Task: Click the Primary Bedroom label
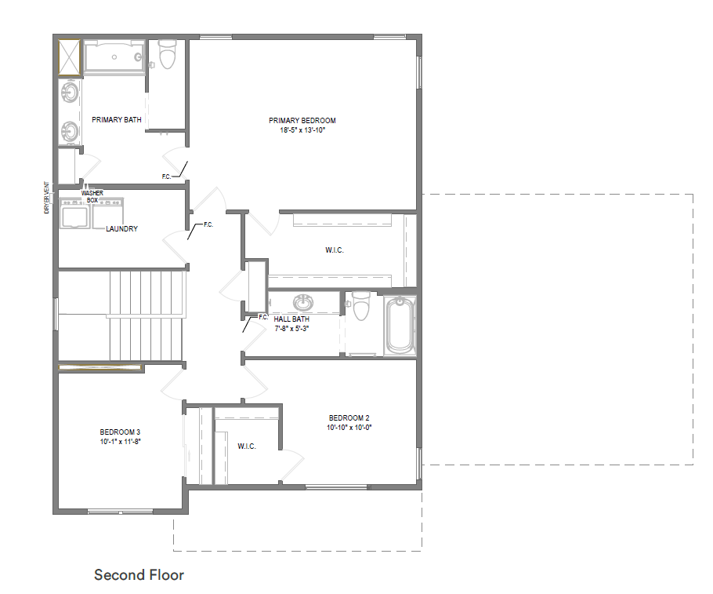click(302, 120)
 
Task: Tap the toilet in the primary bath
click(168, 54)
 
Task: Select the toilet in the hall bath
click(361, 306)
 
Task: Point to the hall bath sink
click(303, 302)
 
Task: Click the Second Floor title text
click(139, 575)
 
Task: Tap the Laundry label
click(122, 228)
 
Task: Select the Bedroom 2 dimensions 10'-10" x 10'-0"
click(349, 428)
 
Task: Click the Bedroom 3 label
click(120, 432)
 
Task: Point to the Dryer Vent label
click(46, 198)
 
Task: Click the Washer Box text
click(92, 196)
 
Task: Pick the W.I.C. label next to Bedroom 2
click(247, 446)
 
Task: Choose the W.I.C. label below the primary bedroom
click(335, 250)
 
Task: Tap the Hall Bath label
click(291, 319)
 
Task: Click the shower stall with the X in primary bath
click(70, 57)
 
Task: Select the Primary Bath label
click(117, 119)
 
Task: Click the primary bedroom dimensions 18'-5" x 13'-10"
click(302, 129)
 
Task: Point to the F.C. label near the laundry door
click(208, 224)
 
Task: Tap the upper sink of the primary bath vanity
click(70, 92)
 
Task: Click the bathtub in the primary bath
click(114, 56)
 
